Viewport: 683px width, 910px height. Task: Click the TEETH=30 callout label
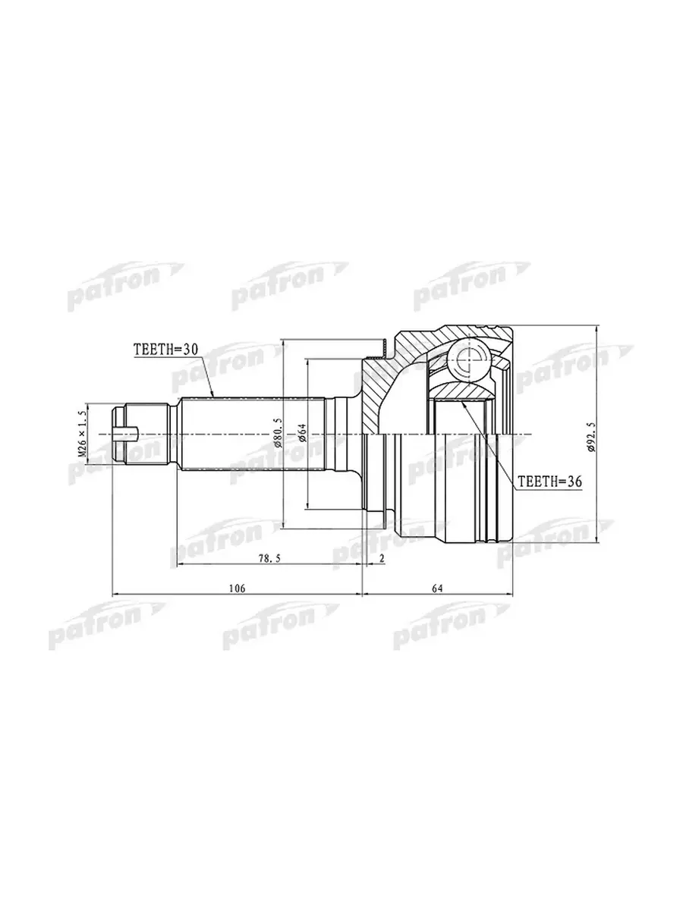tap(165, 350)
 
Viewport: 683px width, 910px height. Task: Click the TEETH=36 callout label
tap(550, 482)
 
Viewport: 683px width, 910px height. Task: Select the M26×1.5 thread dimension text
tap(83, 434)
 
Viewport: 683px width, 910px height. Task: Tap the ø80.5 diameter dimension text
tap(278, 433)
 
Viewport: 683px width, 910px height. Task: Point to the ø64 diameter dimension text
tap(302, 433)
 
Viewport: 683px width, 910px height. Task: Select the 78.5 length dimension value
tap(269, 558)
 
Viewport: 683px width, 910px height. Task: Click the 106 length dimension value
tap(238, 588)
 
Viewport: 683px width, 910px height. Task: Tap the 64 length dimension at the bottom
tap(437, 588)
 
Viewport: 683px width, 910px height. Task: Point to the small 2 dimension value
tap(382, 558)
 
